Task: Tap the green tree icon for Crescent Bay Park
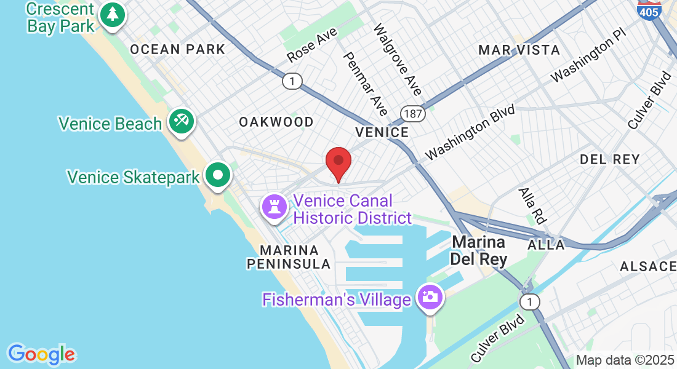click(x=112, y=14)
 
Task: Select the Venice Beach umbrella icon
click(x=180, y=121)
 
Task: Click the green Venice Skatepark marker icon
click(x=217, y=175)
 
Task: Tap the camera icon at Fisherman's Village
click(x=430, y=296)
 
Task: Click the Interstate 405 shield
click(x=651, y=10)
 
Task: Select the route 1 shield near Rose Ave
click(x=292, y=81)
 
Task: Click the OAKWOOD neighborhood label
click(x=276, y=122)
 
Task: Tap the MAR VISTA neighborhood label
click(x=519, y=50)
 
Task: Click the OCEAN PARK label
click(x=178, y=50)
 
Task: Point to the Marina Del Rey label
click(x=479, y=250)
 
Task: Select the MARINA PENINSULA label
click(x=289, y=258)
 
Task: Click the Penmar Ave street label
click(x=365, y=83)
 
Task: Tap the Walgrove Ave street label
click(x=398, y=60)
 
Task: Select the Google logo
click(x=42, y=354)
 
